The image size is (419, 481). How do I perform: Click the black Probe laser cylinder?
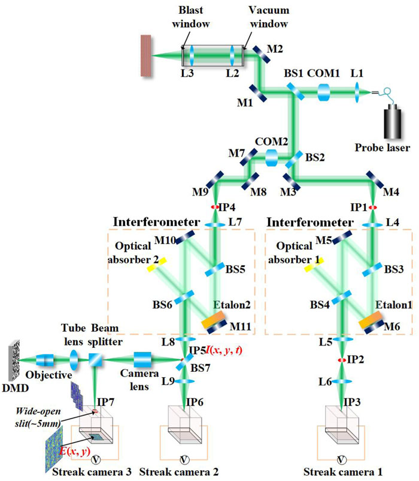pyautogui.click(x=393, y=122)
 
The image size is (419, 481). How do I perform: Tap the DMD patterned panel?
pyautogui.click(x=14, y=361)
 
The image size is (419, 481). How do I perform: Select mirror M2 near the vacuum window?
pyautogui.click(x=262, y=55)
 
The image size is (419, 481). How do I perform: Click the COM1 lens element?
pyautogui.click(x=323, y=92)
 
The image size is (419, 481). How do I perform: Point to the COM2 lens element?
pyautogui.click(x=272, y=158)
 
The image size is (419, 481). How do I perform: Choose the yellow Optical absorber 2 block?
pyautogui.click(x=156, y=264)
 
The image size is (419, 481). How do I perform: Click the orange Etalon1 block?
pyautogui.click(x=370, y=320)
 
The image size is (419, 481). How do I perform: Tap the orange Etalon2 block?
pyautogui.click(x=213, y=320)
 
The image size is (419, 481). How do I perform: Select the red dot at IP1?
pyautogui.click(x=372, y=208)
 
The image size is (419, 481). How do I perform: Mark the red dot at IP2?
pyautogui.click(x=342, y=360)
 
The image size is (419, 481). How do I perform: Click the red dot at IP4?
pyautogui.click(x=215, y=207)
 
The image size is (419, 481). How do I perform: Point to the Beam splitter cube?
pyautogui.click(x=96, y=359)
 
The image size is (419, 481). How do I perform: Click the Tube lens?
pyautogui.click(x=74, y=360)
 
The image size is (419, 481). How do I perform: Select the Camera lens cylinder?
pyautogui.click(x=142, y=359)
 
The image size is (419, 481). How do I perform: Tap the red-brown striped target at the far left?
pyautogui.click(x=146, y=56)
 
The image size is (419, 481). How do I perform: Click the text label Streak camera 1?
pyautogui.click(x=343, y=471)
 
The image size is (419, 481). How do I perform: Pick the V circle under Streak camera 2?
pyautogui.click(x=184, y=459)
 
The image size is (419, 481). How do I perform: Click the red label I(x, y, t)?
pyautogui.click(x=224, y=350)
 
